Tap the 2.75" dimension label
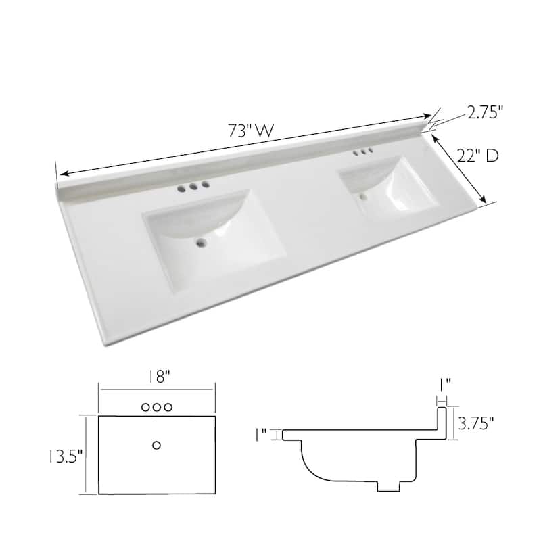[486, 113]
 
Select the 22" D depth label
[477, 156]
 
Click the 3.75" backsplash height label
[475, 423]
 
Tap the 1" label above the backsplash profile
[444, 383]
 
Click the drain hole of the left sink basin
[202, 242]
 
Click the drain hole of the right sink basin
[364, 197]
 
